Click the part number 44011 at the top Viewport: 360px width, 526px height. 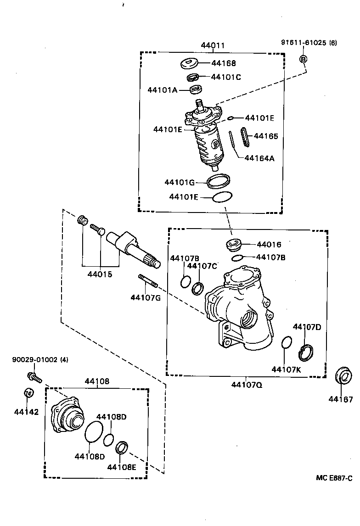[213, 45]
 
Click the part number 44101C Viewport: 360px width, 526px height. [226, 77]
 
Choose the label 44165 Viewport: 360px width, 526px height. [266, 136]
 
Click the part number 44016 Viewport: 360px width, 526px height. [269, 245]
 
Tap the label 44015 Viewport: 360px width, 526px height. [100, 274]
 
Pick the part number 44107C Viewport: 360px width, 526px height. [202, 266]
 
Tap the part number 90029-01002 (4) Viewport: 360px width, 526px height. [40, 360]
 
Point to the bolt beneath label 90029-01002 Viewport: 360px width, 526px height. [34, 377]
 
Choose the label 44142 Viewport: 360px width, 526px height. [26, 412]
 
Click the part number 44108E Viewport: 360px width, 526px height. [122, 467]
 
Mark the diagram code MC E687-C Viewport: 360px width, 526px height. [334, 478]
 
